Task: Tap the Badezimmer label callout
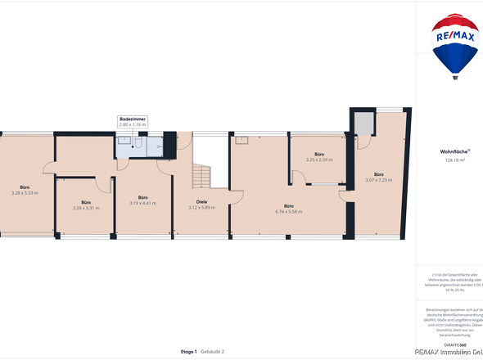point(133,122)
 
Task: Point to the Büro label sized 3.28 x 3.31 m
point(85,202)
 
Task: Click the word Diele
point(201,201)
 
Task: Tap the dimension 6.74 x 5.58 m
point(289,212)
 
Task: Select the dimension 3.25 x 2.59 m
point(319,160)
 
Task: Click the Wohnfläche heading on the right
point(454,153)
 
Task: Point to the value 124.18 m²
point(454,160)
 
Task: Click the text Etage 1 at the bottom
point(189,351)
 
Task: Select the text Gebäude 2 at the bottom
point(213,351)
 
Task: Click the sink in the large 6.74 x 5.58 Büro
point(241,140)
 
